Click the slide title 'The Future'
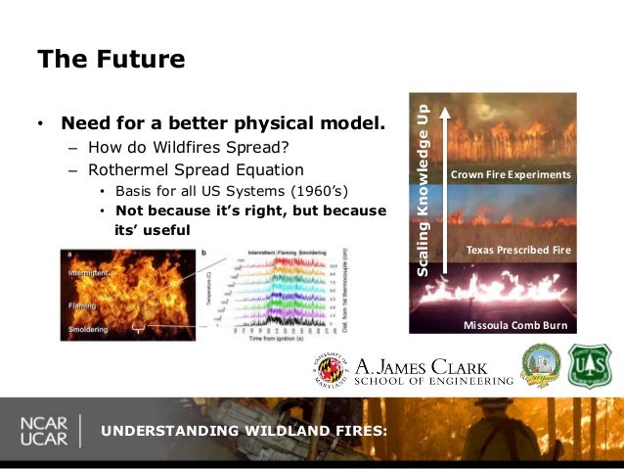[x=111, y=60]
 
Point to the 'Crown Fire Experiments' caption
[x=509, y=174]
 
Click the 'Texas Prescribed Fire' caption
[x=517, y=250]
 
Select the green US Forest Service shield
[x=590, y=365]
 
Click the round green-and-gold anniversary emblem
[x=541, y=364]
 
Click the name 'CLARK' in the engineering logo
[x=474, y=364]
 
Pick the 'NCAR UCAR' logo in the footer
[x=43, y=431]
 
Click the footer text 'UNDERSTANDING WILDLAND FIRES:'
[x=245, y=432]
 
